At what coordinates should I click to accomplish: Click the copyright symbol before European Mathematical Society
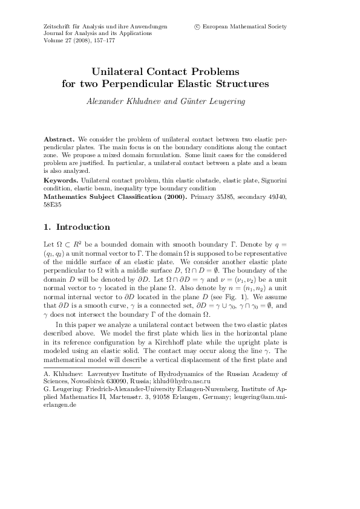[197, 27]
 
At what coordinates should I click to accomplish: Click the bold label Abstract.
[59, 139]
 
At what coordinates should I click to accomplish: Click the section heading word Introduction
[83, 228]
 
